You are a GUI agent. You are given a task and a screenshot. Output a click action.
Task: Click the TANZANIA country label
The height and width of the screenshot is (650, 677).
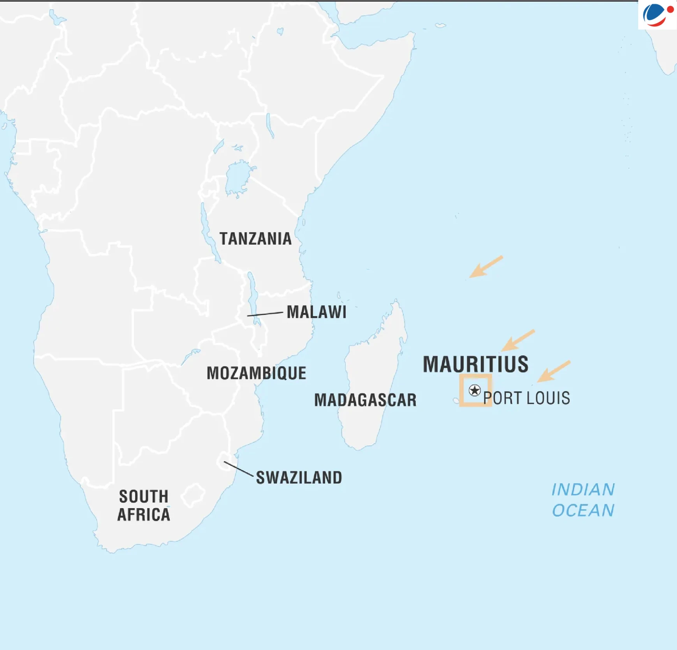(x=255, y=239)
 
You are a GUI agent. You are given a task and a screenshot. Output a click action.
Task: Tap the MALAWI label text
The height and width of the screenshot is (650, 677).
(x=317, y=312)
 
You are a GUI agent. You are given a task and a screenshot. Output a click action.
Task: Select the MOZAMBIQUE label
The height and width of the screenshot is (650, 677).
(x=256, y=373)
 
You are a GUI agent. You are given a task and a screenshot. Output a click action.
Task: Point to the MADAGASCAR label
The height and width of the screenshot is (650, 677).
(x=365, y=400)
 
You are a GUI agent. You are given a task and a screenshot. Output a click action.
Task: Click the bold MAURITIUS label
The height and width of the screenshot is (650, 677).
(x=476, y=364)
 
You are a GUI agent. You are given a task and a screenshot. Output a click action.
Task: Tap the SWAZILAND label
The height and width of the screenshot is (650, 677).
(x=299, y=478)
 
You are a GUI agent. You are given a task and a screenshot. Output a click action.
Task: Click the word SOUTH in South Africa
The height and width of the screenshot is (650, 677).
(x=144, y=497)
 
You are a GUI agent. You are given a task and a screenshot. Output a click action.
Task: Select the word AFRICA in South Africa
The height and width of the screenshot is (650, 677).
(x=144, y=515)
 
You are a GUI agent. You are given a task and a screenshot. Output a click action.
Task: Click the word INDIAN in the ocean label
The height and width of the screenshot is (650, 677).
(x=583, y=490)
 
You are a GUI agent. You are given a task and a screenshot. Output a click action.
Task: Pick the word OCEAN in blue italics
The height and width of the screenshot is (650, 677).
(x=583, y=510)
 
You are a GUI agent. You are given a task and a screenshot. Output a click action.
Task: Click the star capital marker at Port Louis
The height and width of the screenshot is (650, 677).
(x=475, y=390)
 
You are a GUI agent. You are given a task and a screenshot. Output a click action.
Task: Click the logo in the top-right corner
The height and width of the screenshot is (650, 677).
(x=658, y=15)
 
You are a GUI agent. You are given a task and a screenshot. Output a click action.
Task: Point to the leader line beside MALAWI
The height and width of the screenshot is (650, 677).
(x=265, y=314)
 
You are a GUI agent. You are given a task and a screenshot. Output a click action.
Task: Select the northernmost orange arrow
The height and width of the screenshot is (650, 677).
(x=485, y=267)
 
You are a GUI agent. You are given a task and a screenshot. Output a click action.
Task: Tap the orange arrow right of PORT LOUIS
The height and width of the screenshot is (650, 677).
(x=554, y=371)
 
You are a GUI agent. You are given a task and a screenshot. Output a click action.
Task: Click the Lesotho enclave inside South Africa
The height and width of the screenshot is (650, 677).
(x=193, y=495)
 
